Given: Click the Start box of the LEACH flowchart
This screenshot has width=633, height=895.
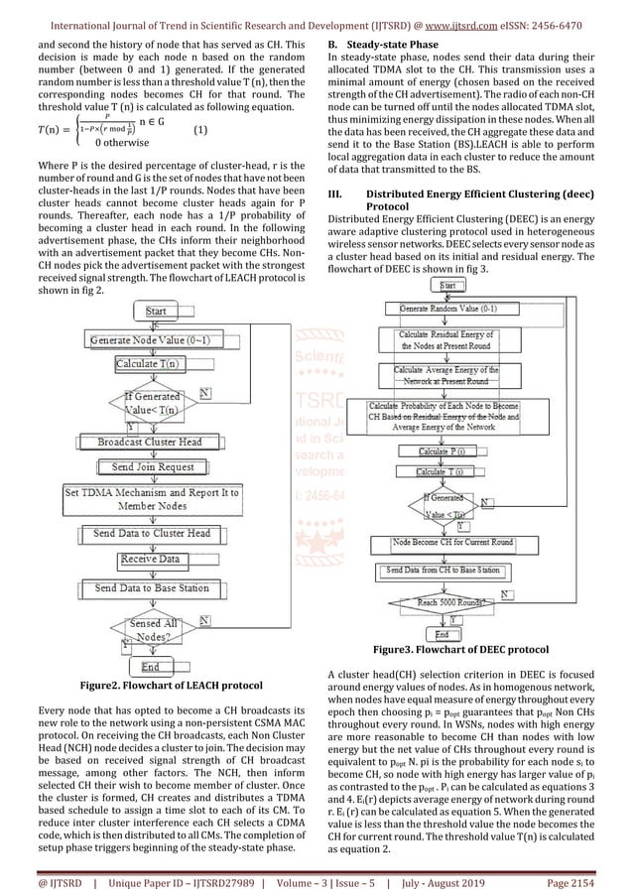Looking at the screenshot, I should point(156,312).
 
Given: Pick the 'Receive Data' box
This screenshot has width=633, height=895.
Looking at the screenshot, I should point(151,560).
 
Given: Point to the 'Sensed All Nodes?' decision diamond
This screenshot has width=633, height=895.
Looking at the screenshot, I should point(156,627).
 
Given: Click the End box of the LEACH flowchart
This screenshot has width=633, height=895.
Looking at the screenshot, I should point(151,667).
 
